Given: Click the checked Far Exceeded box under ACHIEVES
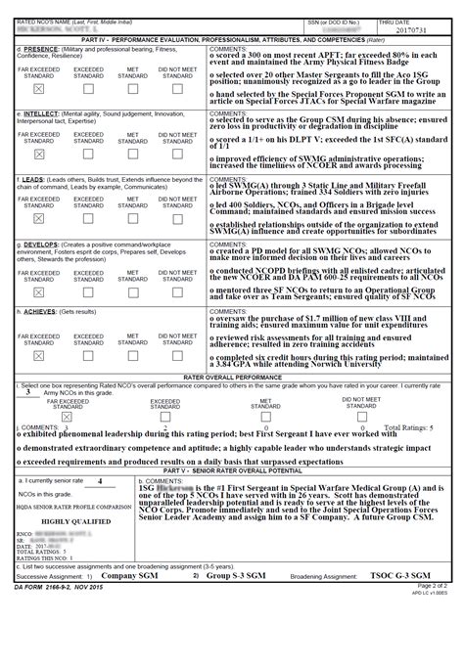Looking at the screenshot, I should (38, 353).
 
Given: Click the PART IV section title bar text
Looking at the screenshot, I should (232, 39).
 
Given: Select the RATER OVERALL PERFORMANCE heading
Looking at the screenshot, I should (232, 376).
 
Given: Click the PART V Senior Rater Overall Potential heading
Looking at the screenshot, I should (232, 470).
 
